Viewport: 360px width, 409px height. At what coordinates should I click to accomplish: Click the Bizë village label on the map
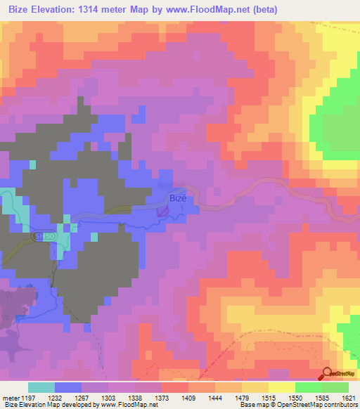pos(179,198)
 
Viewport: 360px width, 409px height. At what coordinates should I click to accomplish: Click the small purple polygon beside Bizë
pos(162,209)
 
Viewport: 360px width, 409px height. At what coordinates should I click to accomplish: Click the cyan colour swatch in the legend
pos(41,387)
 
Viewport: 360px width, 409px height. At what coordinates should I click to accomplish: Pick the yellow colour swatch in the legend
pos(281,387)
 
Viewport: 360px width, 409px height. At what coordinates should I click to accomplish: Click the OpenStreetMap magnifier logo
pos(326,375)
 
